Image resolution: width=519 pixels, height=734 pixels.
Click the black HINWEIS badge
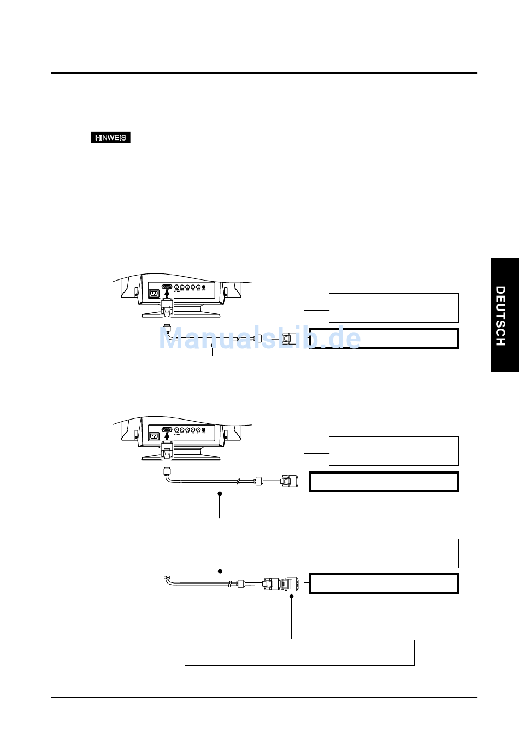(x=110, y=138)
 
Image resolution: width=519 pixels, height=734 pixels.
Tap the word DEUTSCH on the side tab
(x=500, y=316)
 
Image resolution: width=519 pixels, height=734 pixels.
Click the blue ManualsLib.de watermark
(x=260, y=338)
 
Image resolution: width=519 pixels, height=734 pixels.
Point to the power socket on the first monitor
(x=154, y=293)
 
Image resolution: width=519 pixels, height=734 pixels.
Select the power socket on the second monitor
(x=154, y=436)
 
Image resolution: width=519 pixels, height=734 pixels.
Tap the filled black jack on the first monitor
(x=204, y=287)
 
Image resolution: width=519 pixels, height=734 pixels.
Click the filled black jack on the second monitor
(x=204, y=430)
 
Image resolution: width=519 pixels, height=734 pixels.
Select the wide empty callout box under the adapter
(x=299, y=653)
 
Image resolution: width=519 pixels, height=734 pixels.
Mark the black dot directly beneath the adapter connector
(x=292, y=596)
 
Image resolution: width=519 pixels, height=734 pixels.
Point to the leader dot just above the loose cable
(x=220, y=571)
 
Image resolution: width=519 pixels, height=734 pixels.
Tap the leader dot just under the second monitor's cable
(x=220, y=493)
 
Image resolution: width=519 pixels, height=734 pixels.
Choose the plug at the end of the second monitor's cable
(x=288, y=481)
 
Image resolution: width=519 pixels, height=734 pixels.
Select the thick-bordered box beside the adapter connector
(x=384, y=584)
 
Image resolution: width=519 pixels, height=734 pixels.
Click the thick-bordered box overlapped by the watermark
(x=384, y=339)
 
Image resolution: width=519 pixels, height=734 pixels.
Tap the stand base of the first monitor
(x=181, y=314)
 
